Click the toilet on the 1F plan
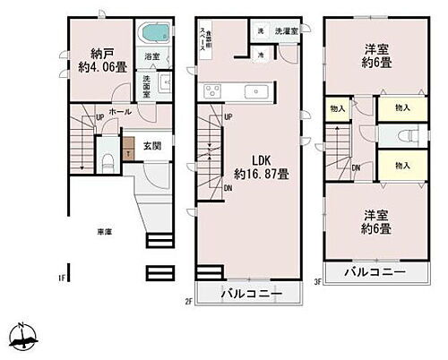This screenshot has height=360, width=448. pyautogui.click(x=107, y=164)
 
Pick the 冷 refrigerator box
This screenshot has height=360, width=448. pyautogui.click(x=259, y=54)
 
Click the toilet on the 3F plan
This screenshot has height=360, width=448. pyautogui.click(x=405, y=136)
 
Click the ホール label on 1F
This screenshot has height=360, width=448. pyautogui.click(x=119, y=112)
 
